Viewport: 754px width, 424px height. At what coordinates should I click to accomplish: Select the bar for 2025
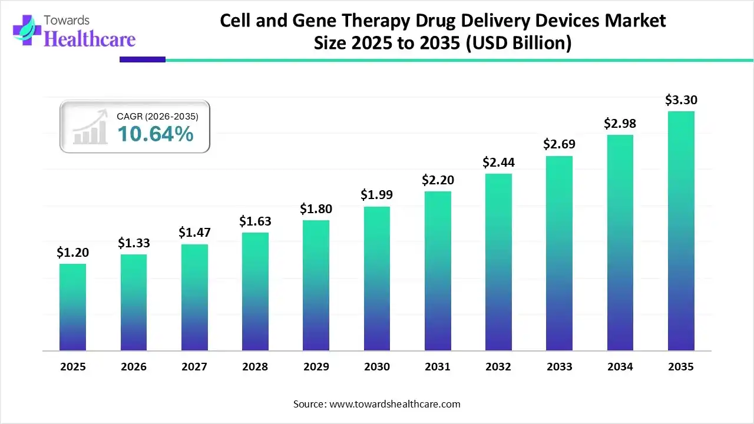72,307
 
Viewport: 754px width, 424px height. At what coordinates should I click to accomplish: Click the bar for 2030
376,279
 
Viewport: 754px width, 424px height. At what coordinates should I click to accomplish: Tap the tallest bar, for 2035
681,231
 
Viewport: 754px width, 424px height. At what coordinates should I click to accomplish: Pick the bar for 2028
255,291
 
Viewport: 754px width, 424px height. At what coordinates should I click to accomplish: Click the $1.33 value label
133,243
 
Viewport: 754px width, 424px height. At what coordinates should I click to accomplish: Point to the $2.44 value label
498,161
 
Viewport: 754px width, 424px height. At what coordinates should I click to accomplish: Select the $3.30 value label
681,100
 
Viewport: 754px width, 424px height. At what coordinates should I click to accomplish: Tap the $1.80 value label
316,208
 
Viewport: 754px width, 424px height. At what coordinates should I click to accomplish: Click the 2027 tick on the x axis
194,367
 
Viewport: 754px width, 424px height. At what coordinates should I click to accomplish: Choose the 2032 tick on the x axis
498,367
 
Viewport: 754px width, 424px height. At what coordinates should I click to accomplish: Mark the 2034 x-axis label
620,367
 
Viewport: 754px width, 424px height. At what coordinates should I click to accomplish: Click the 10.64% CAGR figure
156,134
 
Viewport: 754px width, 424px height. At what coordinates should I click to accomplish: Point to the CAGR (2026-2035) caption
158,117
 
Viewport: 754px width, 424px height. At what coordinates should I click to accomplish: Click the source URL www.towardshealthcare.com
393,404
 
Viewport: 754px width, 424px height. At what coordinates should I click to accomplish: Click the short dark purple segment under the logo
143,59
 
